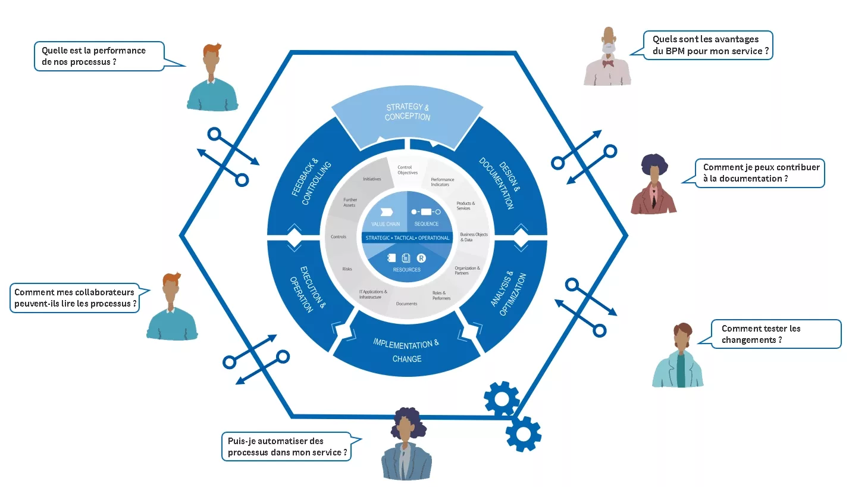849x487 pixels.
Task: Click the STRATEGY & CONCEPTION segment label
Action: tap(408, 112)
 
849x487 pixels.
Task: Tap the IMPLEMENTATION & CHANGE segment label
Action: tap(406, 351)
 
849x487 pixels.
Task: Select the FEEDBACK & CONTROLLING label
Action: tap(311, 182)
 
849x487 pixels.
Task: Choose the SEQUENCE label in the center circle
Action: tap(427, 224)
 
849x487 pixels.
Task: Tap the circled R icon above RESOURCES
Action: tap(421, 258)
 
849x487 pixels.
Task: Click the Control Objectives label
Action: tap(408, 170)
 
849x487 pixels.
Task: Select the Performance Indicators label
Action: tap(442, 182)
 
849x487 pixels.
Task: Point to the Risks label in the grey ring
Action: tap(347, 269)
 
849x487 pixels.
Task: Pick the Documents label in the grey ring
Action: tap(406, 304)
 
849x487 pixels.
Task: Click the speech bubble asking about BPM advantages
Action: tap(707, 45)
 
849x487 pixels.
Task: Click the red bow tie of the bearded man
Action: tap(608, 63)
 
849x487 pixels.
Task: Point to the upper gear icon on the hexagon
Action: tap(502, 399)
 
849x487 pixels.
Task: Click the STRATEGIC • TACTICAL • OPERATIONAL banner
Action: tap(407, 238)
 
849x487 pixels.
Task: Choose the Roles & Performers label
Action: tap(441, 295)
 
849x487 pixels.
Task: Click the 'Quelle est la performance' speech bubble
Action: tap(99, 56)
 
